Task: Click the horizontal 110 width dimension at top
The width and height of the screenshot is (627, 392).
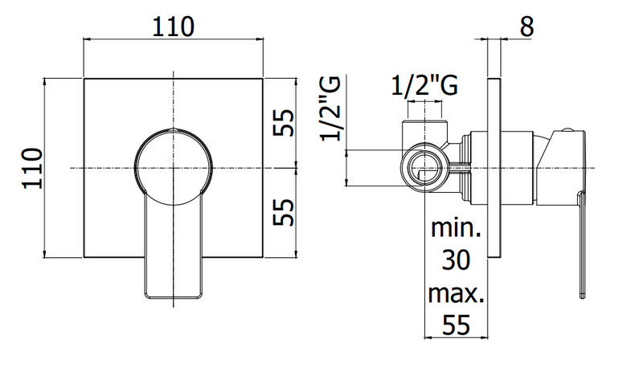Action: (x=173, y=27)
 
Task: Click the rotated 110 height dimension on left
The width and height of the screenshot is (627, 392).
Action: (x=32, y=168)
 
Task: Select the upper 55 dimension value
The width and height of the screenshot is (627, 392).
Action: (x=284, y=123)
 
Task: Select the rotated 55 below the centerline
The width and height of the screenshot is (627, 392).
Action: (x=284, y=212)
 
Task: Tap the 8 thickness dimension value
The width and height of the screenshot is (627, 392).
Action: (x=527, y=27)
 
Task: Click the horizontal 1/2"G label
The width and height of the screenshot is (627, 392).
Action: (x=424, y=85)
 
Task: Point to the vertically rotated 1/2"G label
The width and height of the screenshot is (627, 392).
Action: (x=330, y=108)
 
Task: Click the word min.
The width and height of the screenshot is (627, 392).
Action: (x=456, y=228)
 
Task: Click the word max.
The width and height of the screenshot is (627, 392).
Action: (x=457, y=293)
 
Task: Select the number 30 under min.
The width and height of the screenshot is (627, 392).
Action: (x=456, y=260)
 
